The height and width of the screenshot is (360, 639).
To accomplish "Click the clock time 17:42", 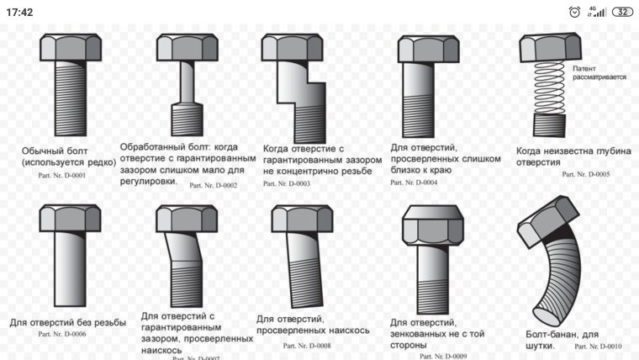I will click(x=19, y=12).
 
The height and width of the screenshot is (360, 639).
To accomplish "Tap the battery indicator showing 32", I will click(x=622, y=12).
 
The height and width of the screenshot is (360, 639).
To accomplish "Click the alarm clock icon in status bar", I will click(x=574, y=12).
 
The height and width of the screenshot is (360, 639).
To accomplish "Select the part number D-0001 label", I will click(x=61, y=174).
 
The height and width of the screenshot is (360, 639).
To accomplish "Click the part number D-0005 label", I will click(x=586, y=174).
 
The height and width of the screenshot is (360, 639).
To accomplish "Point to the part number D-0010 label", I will click(x=598, y=346).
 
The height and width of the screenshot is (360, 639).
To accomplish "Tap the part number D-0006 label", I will click(x=62, y=334).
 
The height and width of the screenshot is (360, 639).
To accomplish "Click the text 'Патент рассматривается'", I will click(x=599, y=72).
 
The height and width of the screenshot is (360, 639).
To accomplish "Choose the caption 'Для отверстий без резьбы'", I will click(x=68, y=322).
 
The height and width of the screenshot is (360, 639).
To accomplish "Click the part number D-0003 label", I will click(x=287, y=183).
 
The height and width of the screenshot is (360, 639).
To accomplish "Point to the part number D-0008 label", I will click(x=307, y=345).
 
